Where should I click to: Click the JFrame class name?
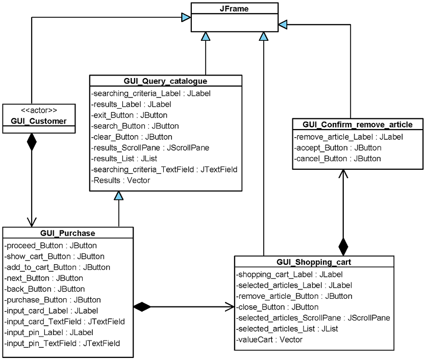[235, 8]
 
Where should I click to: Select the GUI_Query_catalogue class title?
[165, 81]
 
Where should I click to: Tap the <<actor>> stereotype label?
[32, 110]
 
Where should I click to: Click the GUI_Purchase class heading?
[67, 234]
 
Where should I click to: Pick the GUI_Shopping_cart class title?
[314, 262]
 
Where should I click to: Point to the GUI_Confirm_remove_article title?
[357, 124]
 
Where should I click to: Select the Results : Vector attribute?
[120, 181]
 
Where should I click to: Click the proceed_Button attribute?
[51, 245]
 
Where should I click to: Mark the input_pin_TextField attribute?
[62, 343]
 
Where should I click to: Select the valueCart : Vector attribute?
[269, 339]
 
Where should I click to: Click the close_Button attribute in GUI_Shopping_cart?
[278, 307]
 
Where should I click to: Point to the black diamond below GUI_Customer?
[32, 142]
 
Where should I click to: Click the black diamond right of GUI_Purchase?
[142, 306]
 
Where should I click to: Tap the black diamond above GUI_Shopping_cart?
[343, 246]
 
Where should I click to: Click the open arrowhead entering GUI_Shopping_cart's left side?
[230, 306]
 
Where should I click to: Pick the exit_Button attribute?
[129, 115]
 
